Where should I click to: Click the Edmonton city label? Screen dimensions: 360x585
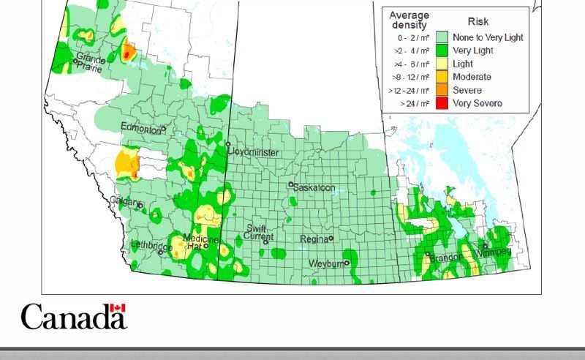(141, 129)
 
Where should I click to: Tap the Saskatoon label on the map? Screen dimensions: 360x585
(315, 188)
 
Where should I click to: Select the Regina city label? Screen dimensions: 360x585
(314, 239)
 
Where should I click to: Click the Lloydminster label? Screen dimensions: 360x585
(253, 151)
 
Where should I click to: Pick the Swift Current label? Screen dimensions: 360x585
(260, 233)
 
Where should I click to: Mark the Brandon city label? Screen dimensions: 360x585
(445, 258)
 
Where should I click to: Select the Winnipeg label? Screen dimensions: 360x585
(494, 252)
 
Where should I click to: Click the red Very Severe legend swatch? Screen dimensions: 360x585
(442, 103)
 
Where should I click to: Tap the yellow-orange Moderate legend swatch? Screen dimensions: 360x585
(442, 77)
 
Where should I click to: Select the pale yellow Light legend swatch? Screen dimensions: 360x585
(442, 64)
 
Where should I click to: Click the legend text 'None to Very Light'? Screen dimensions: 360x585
(488, 37)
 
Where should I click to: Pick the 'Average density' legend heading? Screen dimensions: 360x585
(409, 20)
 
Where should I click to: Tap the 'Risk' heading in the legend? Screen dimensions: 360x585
(478, 22)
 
